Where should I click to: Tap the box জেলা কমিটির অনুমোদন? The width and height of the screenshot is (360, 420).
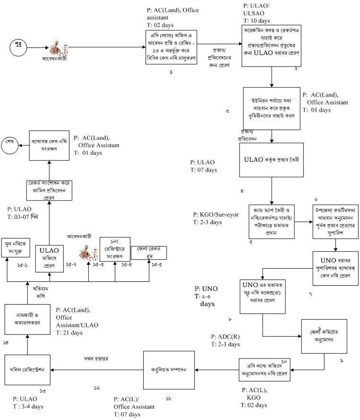point(322,336)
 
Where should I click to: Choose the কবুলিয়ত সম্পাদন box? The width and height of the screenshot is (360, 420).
point(169,368)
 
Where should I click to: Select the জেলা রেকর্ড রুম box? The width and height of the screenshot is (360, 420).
point(148,253)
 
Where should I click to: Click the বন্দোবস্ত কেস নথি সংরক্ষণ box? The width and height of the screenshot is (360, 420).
point(49,146)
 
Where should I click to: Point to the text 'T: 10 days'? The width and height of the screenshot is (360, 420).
point(257,21)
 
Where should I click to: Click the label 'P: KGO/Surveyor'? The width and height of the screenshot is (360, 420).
point(215,214)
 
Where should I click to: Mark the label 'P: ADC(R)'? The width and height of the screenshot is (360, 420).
point(225,337)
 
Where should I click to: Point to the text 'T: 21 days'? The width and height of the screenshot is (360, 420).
point(69,332)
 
